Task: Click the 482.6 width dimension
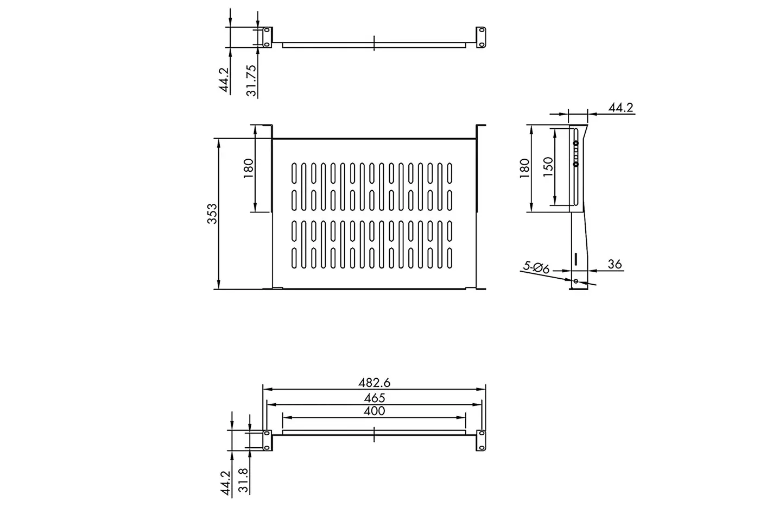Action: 374,383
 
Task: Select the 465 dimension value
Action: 375,398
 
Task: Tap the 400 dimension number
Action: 374,411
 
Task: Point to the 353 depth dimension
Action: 212,214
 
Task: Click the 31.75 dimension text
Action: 251,80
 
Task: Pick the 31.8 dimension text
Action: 243,480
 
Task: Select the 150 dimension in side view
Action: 548,167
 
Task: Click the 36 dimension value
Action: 615,264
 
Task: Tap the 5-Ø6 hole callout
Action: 536,267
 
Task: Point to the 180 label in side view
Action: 524,168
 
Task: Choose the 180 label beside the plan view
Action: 249,168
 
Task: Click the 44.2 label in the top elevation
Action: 224,80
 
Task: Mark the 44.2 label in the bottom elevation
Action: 225,483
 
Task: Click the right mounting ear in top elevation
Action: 481,37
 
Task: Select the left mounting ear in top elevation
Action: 267,37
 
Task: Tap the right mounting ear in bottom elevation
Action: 481,441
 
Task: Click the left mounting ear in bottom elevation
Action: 267,441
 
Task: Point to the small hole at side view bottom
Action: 576,281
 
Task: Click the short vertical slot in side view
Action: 576,259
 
